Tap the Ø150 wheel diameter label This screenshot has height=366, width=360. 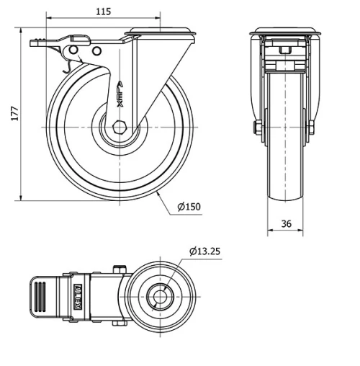(x=189, y=207)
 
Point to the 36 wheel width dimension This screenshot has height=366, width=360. (x=286, y=224)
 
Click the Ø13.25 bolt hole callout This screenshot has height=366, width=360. (x=206, y=251)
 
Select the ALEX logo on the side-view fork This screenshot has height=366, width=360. (x=121, y=93)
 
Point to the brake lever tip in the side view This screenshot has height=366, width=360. (x=35, y=43)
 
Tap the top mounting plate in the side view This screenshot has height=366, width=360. (x=159, y=32)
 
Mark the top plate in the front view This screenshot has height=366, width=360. (x=285, y=32)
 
